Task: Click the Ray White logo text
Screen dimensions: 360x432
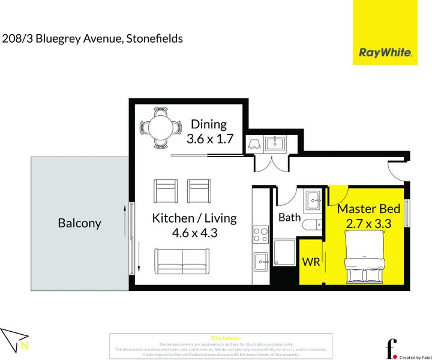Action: tap(385, 52)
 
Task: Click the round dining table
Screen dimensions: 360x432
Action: tap(160, 127)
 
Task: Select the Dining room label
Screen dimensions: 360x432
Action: tap(208, 124)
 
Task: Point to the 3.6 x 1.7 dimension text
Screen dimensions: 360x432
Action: tap(209, 139)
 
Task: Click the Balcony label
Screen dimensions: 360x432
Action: tap(79, 223)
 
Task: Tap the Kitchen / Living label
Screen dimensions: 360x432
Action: tap(194, 218)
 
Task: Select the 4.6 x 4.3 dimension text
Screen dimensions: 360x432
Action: tap(194, 233)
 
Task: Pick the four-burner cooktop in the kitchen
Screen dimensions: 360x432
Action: tap(261, 233)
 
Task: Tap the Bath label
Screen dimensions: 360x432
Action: tap(289, 217)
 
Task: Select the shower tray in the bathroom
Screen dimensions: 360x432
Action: tap(284, 254)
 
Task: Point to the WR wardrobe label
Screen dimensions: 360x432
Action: tap(311, 262)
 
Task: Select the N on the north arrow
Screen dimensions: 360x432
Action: tap(24, 345)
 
